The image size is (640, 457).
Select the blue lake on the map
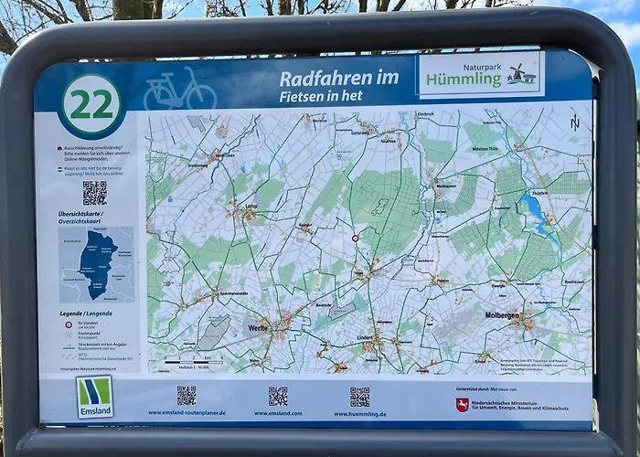[x=534, y=214]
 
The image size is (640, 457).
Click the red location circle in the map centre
[x=356, y=239]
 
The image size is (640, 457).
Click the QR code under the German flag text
[x=94, y=193]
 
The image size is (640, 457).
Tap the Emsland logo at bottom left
[x=94, y=396]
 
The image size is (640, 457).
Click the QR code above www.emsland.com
[x=278, y=396]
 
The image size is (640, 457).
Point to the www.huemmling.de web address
[x=360, y=414]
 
